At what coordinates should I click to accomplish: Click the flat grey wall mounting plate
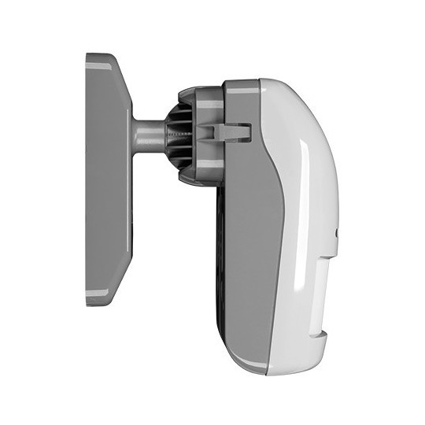[106, 181]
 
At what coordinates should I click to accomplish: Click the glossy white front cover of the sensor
[303, 197]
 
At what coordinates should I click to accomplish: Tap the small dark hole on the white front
[337, 233]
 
